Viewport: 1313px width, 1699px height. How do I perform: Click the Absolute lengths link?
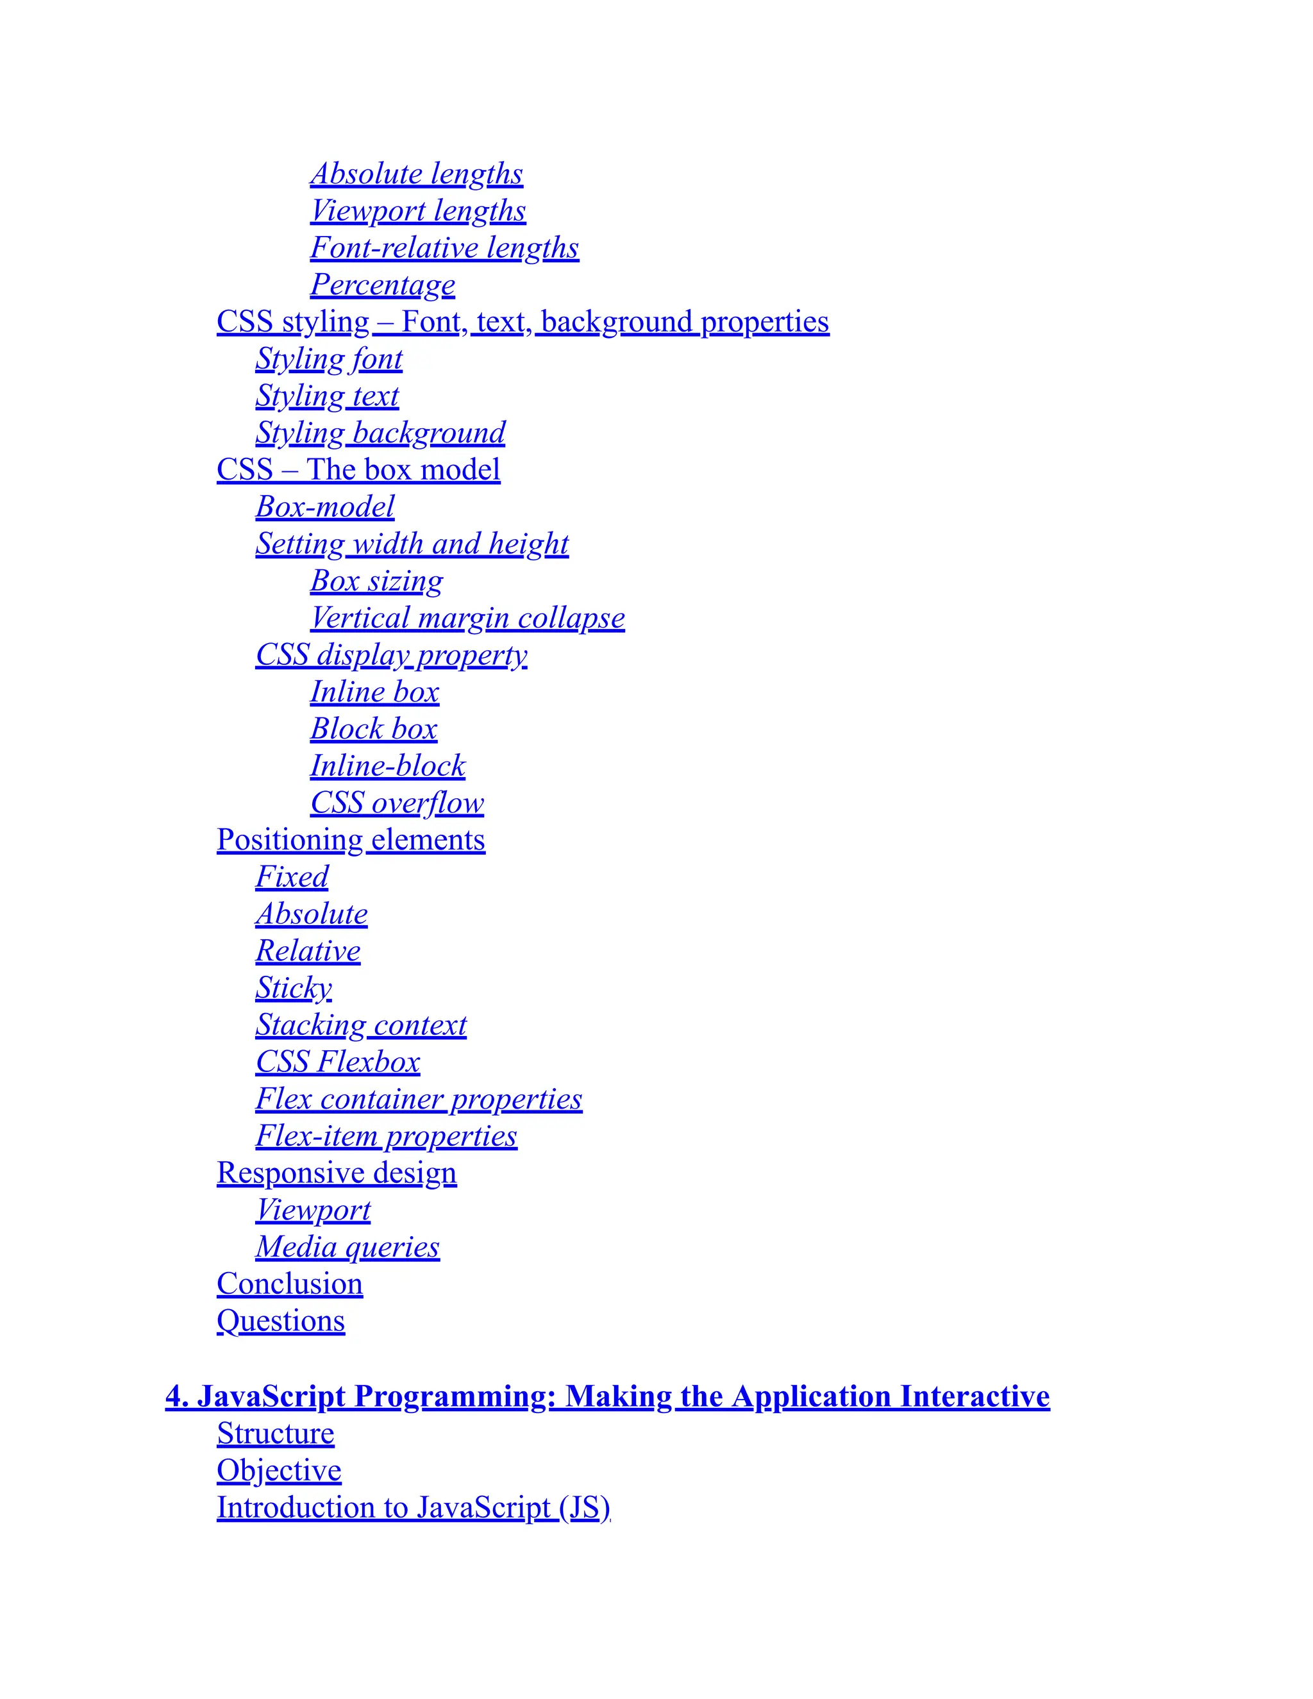[x=416, y=174]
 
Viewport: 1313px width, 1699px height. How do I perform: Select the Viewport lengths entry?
[x=418, y=211]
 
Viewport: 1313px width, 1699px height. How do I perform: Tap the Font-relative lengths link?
[x=444, y=247]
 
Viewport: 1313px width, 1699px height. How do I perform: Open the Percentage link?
[x=383, y=285]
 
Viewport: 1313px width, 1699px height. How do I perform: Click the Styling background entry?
[x=380, y=433]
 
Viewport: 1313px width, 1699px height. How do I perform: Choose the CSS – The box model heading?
[x=358, y=470]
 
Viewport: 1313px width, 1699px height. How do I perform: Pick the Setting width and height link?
[x=412, y=544]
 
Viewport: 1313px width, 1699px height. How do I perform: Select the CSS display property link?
[x=391, y=655]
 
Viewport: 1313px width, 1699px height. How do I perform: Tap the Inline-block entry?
[x=387, y=766]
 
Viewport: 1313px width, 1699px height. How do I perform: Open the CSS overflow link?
[x=397, y=803]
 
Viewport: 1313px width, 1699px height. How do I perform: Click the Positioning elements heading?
[x=351, y=840]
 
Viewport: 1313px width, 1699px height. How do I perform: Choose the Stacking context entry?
[x=361, y=1025]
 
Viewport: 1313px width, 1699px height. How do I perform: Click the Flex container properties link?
[x=419, y=1099]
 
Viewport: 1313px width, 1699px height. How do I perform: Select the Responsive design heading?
[x=337, y=1173]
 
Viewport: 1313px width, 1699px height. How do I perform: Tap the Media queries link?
[x=347, y=1247]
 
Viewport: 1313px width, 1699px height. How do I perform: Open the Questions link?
[x=281, y=1321]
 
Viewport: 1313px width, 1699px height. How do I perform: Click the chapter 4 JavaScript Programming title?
[x=608, y=1396]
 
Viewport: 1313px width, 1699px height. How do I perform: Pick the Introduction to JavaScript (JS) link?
[x=413, y=1508]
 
